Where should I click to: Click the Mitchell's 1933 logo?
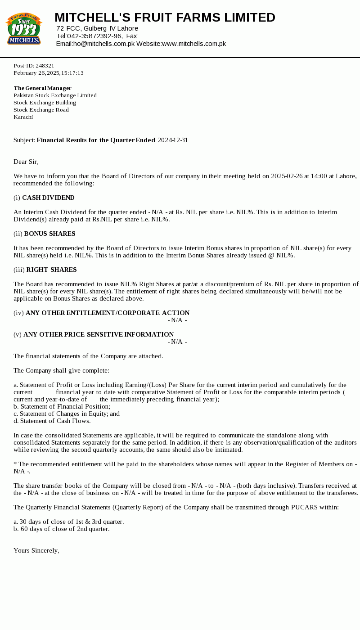pos(24,29)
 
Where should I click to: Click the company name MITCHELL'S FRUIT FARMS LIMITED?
pos(165,18)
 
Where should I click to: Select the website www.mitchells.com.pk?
pos(193,44)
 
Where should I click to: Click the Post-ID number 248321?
pos(45,66)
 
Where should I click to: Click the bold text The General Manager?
pos(43,88)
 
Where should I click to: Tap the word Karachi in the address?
pos(23,117)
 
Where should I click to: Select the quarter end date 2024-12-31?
pos(173,140)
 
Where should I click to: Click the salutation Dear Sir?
pos(26,162)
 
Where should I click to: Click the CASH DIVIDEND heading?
pos(48,198)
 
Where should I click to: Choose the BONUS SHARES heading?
pos(49,234)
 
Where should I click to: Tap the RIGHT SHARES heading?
pos(51,270)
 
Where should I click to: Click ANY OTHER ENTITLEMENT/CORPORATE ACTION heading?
pos(108,313)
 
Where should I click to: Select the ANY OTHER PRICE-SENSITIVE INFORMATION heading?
pos(99,334)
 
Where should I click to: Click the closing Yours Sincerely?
pos(36,550)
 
